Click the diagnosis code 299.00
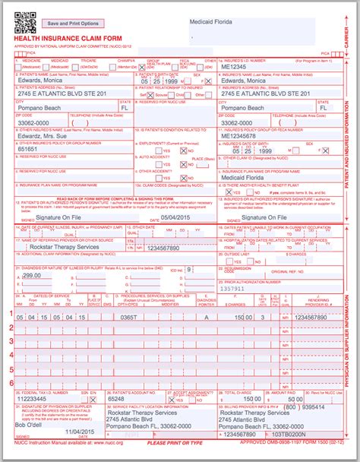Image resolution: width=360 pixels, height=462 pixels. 33,277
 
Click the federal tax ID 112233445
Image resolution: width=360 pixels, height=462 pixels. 31,398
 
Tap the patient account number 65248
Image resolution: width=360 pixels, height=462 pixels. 117,398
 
